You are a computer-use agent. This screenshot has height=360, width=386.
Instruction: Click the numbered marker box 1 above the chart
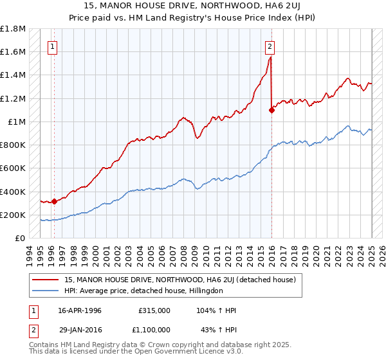click(51, 46)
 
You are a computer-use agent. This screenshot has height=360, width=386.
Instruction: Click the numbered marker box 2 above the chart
click(270, 46)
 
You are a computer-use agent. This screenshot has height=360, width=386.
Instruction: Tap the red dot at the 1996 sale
click(54, 201)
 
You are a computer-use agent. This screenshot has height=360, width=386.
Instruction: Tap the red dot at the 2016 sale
click(272, 110)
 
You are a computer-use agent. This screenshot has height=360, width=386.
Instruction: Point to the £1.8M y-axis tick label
click(13, 29)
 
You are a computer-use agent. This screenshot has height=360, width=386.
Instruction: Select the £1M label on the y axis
click(17, 122)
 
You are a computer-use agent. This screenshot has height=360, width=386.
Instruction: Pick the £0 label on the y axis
click(21, 238)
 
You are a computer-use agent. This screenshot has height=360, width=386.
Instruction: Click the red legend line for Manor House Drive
click(46, 280)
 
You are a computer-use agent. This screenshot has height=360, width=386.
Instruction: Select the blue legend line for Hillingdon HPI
click(46, 291)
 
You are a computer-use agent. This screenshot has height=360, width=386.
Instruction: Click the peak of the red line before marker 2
click(270, 57)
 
